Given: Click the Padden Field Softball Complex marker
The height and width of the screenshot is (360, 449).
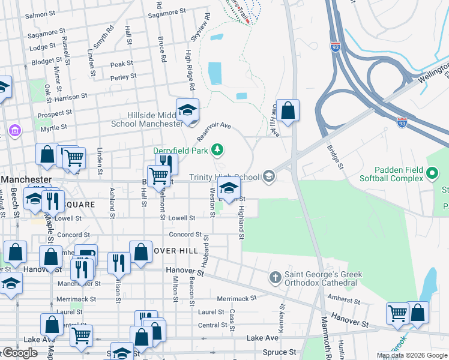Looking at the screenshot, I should pos(432,174).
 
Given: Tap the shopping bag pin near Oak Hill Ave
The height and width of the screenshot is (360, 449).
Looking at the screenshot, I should pos(288,110).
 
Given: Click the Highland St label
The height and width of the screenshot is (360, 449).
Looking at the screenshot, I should pos(241,223).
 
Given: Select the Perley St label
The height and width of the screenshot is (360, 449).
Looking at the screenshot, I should pos(123,77).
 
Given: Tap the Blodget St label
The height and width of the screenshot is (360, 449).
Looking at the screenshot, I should pos(43,62).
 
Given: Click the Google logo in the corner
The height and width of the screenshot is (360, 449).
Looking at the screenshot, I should pos(20,353).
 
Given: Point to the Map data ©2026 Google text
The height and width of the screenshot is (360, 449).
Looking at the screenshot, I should pos(411,355).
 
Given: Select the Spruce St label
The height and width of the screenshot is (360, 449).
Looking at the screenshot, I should pos(281,352).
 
